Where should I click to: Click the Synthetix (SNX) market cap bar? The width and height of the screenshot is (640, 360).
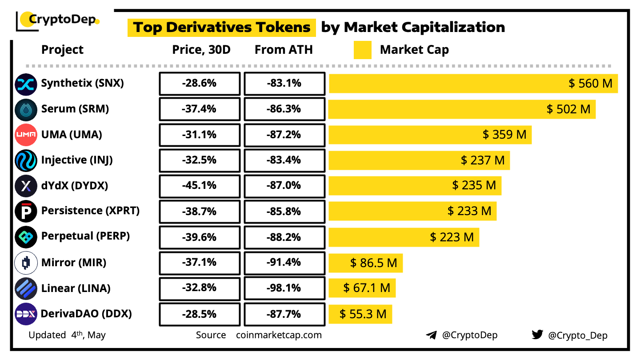tap(473, 83)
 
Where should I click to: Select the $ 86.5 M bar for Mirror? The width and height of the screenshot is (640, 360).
tap(365, 263)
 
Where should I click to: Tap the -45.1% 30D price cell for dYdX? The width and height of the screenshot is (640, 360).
tap(199, 185)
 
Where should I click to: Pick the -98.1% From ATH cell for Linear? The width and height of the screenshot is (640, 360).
tap(284, 288)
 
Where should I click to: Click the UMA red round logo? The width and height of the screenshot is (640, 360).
tap(26, 135)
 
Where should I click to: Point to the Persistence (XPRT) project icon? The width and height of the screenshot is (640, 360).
tap(26, 211)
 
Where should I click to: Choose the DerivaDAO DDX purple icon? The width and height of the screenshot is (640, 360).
tap(26, 314)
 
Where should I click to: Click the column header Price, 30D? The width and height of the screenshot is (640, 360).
tap(201, 50)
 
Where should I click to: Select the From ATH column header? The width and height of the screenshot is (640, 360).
tap(284, 50)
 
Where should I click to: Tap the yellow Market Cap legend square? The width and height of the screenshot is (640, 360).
tap(362, 50)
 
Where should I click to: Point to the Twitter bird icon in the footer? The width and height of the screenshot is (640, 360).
tap(537, 335)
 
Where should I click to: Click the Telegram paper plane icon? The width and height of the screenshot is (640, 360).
tap(431, 335)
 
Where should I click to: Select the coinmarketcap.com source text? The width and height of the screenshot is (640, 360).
tap(279, 335)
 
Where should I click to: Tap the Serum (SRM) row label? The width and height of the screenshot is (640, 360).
tap(75, 109)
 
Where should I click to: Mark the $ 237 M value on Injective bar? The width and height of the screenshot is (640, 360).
tap(483, 160)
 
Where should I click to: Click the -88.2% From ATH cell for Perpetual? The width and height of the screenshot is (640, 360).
tap(284, 237)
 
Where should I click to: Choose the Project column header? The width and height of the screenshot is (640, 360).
tap(62, 50)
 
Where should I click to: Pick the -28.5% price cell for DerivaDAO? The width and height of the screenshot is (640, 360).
tap(199, 314)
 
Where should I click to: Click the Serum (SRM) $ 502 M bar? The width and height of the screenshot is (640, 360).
tap(462, 109)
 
